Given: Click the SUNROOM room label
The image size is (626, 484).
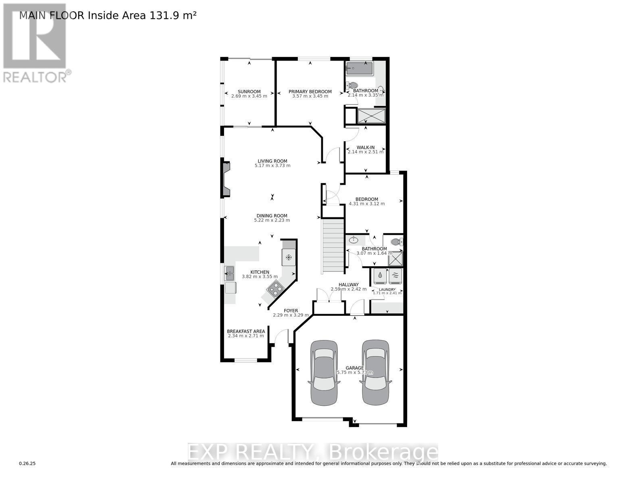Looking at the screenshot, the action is click(x=249, y=92).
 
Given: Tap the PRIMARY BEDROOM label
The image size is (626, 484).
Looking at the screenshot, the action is click(x=310, y=92).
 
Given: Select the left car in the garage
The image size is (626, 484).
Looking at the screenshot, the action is click(x=324, y=373).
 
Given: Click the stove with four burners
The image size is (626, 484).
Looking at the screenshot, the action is click(x=276, y=288).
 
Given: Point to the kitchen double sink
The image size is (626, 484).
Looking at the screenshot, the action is click(x=229, y=273).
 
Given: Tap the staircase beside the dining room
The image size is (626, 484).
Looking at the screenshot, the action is click(x=333, y=246).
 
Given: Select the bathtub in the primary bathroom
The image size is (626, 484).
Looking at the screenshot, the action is click(x=360, y=68).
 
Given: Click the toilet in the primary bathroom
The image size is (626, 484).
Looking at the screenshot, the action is click(x=353, y=86).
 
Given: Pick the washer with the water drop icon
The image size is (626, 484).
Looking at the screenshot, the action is click(x=380, y=276).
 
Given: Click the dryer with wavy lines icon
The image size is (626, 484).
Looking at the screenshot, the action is click(x=395, y=276).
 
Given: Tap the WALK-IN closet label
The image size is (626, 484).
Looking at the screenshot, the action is click(x=366, y=148).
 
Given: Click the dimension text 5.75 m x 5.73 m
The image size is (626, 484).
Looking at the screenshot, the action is click(x=355, y=373).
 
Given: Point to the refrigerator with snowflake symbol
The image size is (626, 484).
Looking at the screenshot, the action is click(x=289, y=257).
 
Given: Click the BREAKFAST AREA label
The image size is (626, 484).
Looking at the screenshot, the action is click(x=246, y=332).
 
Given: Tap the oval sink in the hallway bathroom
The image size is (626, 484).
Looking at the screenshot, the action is click(x=354, y=240).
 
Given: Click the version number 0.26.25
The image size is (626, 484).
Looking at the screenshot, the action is click(x=27, y=464).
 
